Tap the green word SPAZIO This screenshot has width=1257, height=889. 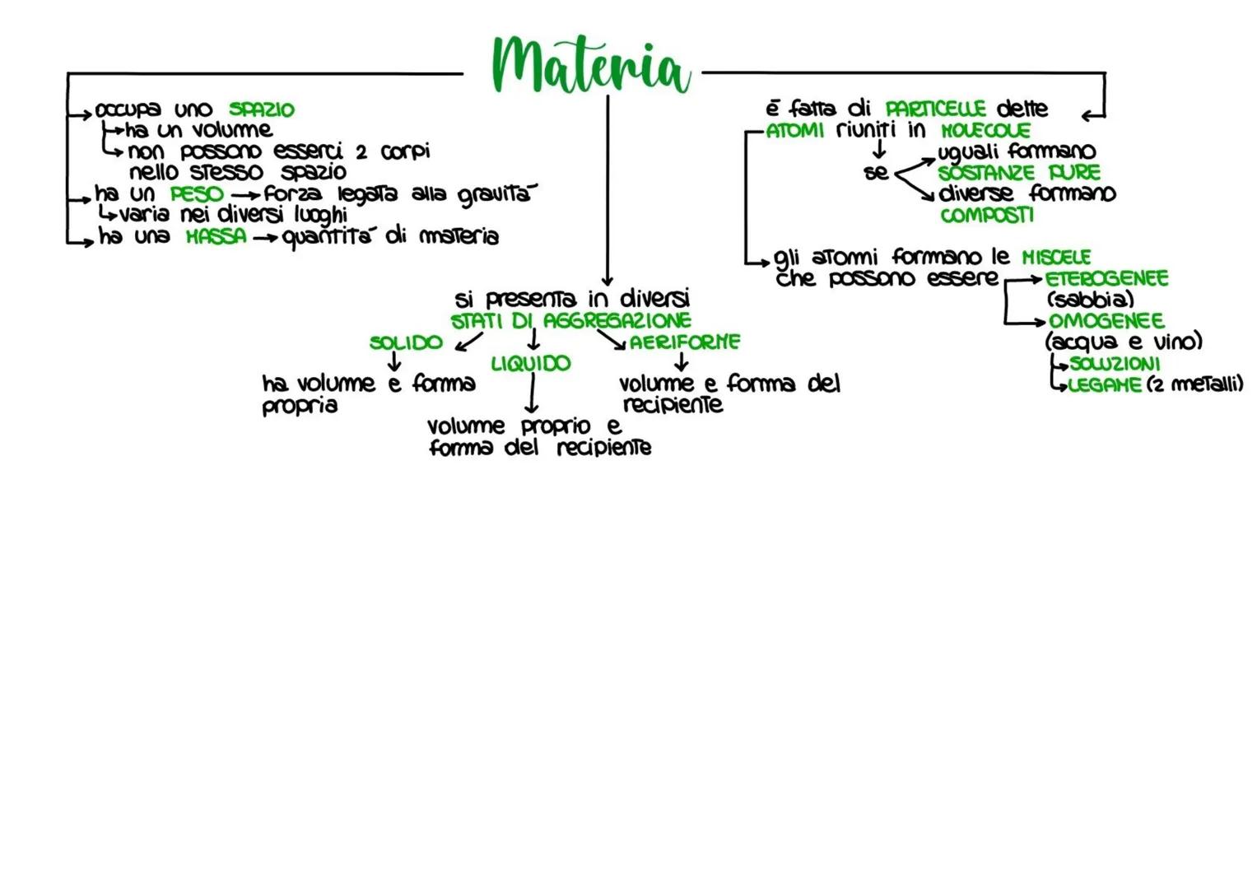261,109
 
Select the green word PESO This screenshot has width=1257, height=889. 197,194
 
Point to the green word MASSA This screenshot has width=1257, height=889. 216,237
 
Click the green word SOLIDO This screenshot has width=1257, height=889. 406,342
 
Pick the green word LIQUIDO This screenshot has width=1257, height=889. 530,363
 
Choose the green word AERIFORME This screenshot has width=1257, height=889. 685,342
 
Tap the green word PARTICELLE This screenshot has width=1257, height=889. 935,109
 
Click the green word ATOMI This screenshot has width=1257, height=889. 794,130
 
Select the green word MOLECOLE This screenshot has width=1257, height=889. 985,130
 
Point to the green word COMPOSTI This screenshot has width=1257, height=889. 986,216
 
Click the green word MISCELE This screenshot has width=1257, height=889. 1056,257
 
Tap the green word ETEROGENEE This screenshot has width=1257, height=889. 1106,278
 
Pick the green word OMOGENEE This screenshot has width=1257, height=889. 1106,320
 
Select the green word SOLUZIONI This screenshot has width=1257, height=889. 1115,363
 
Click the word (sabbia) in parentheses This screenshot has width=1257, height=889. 1089,299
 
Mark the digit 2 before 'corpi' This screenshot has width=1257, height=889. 361,152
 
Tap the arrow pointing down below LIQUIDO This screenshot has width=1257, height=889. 532,394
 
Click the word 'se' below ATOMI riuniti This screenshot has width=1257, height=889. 876,173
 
